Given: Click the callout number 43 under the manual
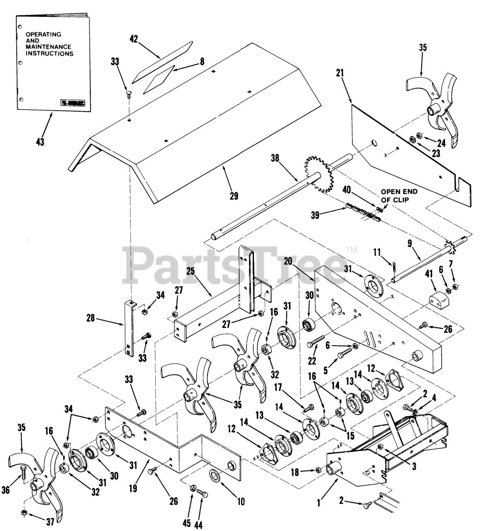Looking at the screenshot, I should [40, 141].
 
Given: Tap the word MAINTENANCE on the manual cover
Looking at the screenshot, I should [48, 47].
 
